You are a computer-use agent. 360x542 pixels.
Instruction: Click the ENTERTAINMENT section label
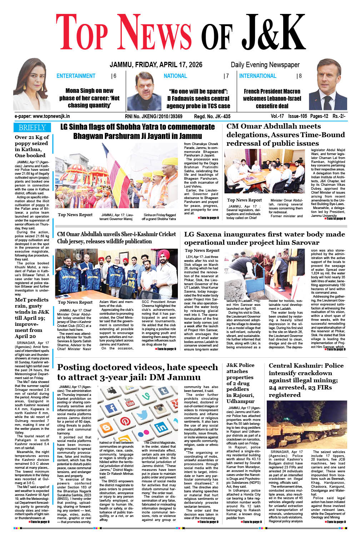(76, 76)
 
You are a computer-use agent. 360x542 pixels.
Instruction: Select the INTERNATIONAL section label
(257, 76)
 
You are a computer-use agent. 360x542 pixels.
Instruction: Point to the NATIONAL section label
(175, 76)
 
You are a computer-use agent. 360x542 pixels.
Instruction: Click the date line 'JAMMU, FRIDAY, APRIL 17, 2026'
(156, 65)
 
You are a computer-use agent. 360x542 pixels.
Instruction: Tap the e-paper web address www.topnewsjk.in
(42, 116)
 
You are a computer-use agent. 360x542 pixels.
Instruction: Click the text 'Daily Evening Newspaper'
(265, 65)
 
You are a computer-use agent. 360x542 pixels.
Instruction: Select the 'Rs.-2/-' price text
(339, 116)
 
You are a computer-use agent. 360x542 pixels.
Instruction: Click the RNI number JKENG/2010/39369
(154, 116)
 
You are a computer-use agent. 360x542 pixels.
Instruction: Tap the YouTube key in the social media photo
(129, 401)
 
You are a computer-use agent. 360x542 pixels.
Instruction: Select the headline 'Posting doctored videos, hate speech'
(137, 367)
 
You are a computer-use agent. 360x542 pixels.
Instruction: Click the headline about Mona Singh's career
(89, 98)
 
